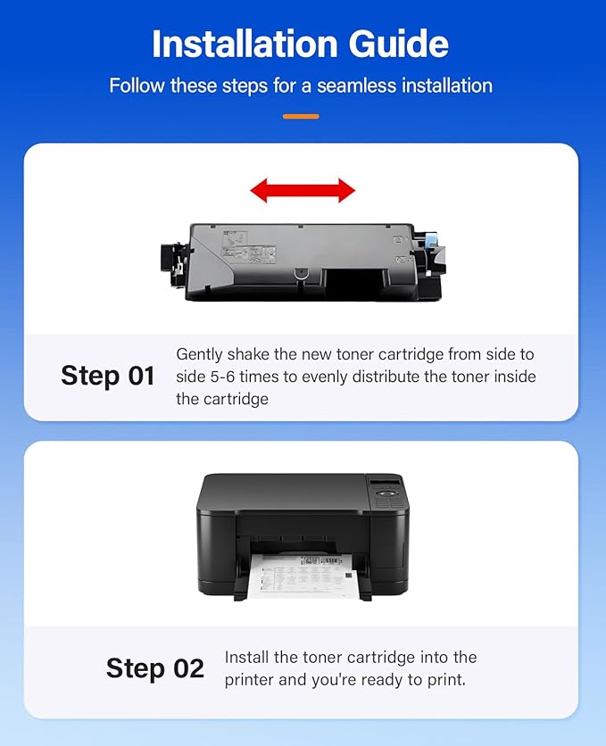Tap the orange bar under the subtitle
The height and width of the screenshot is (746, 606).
[x=301, y=116]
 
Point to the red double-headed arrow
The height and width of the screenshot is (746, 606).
[x=303, y=189]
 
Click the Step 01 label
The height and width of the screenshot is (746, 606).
[x=108, y=376]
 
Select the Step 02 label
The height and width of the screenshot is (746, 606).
[x=155, y=667]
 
